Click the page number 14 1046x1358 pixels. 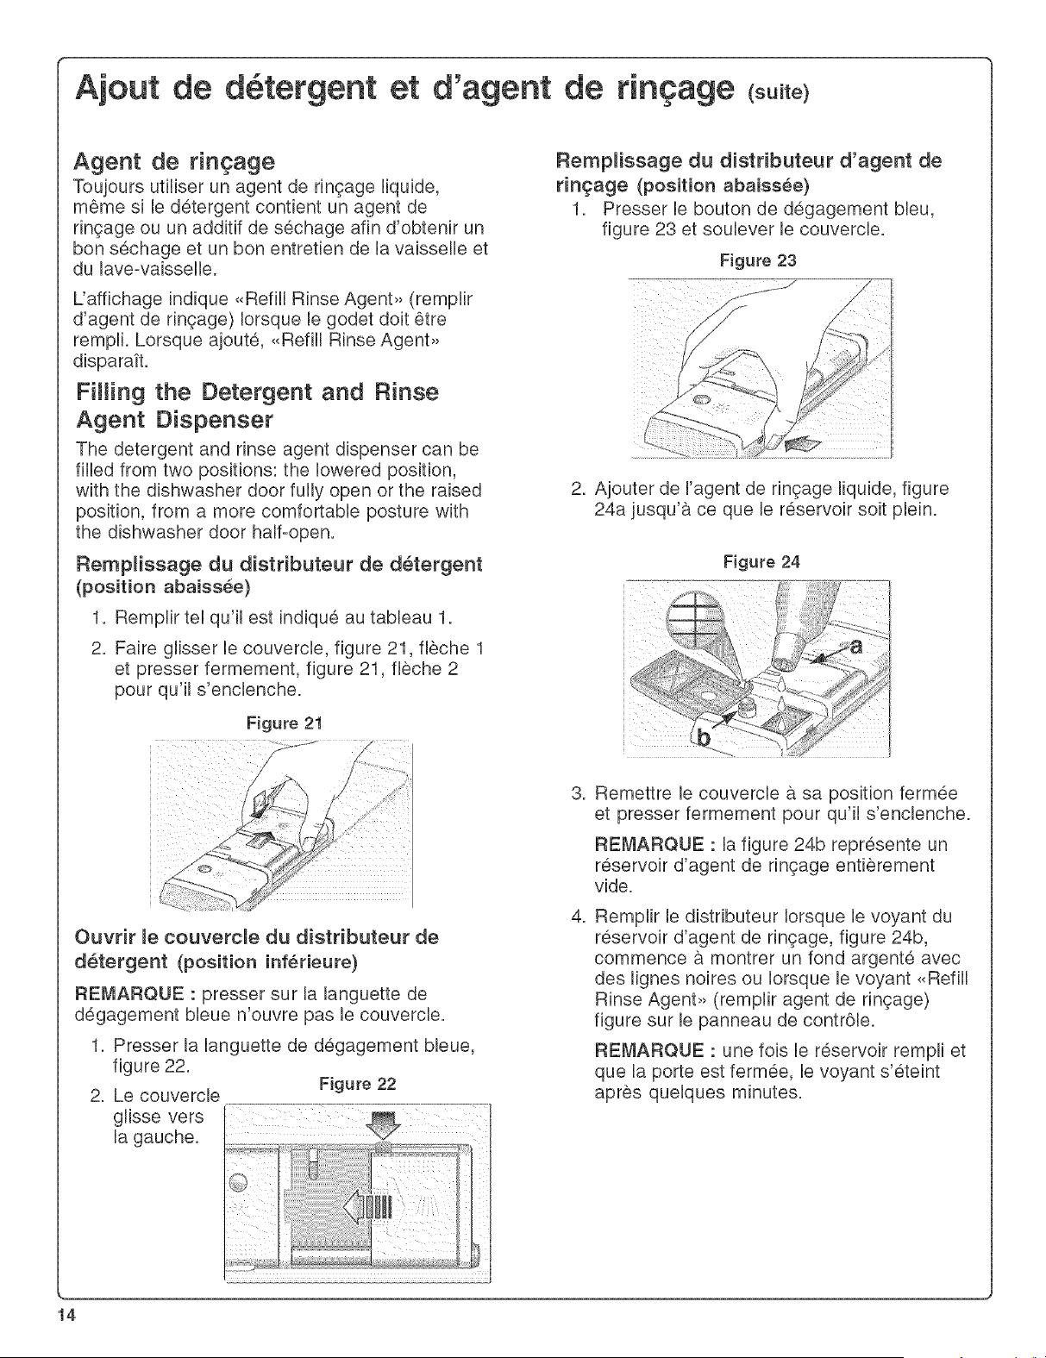[66, 1316]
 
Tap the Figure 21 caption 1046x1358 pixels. [285, 723]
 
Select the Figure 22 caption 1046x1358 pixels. [357, 1084]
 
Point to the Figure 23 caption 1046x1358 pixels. [758, 260]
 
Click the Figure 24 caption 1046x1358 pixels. [761, 562]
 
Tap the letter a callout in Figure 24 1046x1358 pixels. [855, 646]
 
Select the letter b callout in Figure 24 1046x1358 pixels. [704, 738]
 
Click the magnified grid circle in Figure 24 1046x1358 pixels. [693, 619]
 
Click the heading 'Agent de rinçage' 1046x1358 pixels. [174, 162]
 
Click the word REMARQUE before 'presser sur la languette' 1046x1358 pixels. [128, 993]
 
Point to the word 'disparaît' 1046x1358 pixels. [112, 361]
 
